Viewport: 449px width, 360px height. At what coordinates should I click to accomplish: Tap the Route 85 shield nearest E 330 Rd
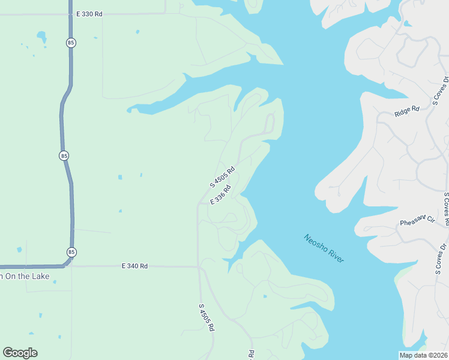(x=71, y=43)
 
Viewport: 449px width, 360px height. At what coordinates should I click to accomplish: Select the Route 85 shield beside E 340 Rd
(x=72, y=252)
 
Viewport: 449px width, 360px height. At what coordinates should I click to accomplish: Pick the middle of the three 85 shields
(x=64, y=155)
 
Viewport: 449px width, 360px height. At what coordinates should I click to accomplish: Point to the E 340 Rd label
(x=134, y=265)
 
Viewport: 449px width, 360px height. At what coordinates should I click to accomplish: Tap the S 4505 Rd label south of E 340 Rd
(x=206, y=317)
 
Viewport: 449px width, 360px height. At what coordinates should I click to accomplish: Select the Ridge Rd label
(x=405, y=112)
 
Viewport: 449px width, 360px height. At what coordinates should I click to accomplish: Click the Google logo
(x=20, y=353)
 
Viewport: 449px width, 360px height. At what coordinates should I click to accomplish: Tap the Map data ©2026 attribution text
(x=423, y=355)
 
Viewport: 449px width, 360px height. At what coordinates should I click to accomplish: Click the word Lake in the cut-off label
(x=40, y=276)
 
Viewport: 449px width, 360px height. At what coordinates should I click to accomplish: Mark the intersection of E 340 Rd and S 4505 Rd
(x=198, y=266)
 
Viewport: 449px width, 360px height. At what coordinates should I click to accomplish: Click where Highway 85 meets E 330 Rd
(x=70, y=14)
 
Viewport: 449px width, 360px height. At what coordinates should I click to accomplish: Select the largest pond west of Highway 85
(x=41, y=38)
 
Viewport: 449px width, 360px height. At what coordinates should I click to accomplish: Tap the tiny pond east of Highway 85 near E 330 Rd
(x=137, y=31)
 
